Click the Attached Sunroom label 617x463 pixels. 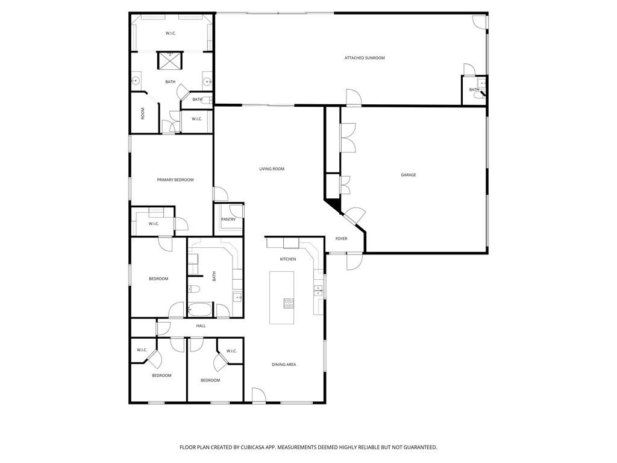tap(365, 58)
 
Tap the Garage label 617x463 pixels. tap(409, 175)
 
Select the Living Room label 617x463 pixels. tap(272, 169)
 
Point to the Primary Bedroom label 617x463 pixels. tap(175, 180)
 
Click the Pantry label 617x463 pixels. tap(228, 219)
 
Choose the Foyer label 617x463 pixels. tap(341, 239)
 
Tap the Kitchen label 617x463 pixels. tap(287, 259)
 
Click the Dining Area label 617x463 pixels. tap(284, 365)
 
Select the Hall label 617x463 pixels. tap(201, 326)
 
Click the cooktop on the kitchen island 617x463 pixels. tap(289, 303)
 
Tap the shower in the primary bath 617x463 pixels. tap(170, 60)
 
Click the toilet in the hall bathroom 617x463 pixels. tap(194, 289)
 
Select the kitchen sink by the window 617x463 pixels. tap(318, 291)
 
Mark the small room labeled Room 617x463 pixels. tap(145, 113)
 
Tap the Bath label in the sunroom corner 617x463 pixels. tap(474, 90)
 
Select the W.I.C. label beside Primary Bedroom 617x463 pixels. tap(154, 224)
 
